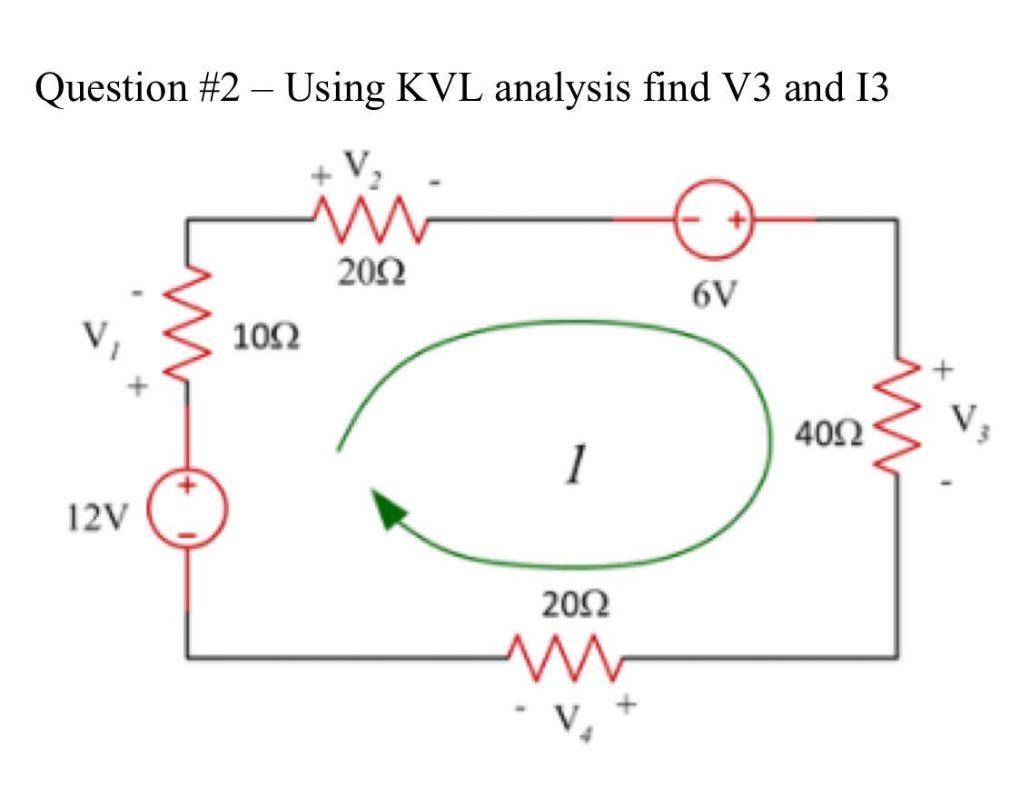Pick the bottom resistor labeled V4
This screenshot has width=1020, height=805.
[x=564, y=651]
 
